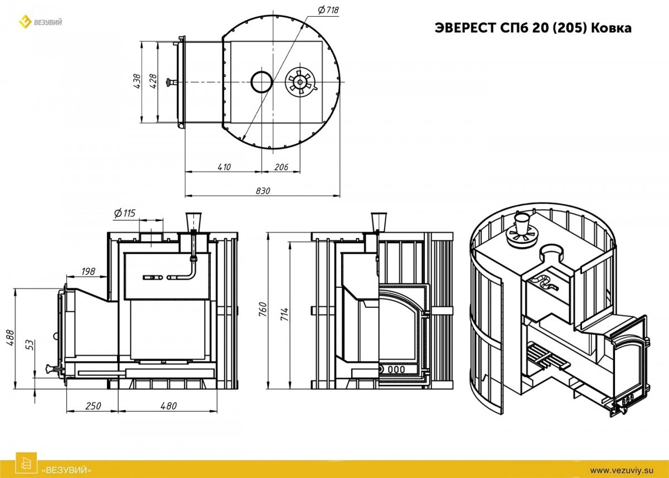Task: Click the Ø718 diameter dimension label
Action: [x=328, y=10]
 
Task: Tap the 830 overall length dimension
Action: [x=263, y=191]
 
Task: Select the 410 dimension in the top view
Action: [x=224, y=167]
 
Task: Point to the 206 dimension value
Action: [x=281, y=167]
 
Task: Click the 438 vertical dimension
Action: [x=137, y=81]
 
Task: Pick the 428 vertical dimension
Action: [x=153, y=81]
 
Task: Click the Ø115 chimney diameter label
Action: [x=125, y=213]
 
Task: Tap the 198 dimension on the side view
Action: [x=88, y=271]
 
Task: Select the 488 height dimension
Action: [x=10, y=337]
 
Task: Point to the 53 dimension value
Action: [x=31, y=345]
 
